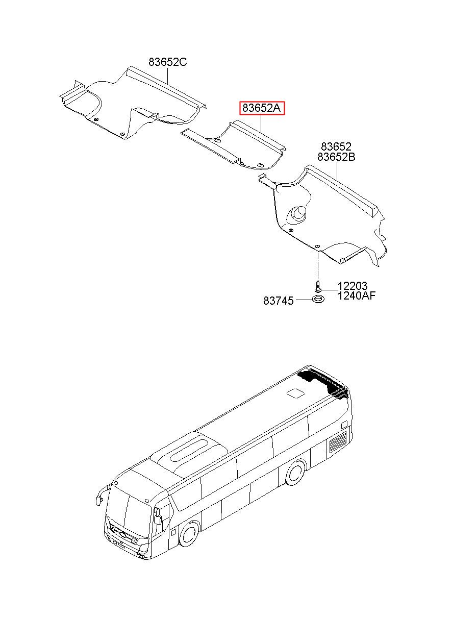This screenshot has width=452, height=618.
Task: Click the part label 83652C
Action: pos(167,62)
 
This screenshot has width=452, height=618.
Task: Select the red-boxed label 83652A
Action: pos(261,108)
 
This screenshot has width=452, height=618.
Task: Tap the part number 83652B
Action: pos(336,157)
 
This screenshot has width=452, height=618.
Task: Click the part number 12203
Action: pos(353,286)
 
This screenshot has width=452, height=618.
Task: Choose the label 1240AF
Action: pos(357,295)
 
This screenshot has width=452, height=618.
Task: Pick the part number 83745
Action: pos(278,301)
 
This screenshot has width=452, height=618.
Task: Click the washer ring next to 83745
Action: pos(318,298)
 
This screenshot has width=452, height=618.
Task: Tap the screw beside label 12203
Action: pos(318,286)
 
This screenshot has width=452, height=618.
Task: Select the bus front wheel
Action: pos(190,535)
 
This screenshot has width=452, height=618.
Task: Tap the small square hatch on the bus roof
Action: pos(295,392)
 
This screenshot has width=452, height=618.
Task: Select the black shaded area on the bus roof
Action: pos(322,384)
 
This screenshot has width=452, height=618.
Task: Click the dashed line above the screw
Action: pos(318,266)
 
